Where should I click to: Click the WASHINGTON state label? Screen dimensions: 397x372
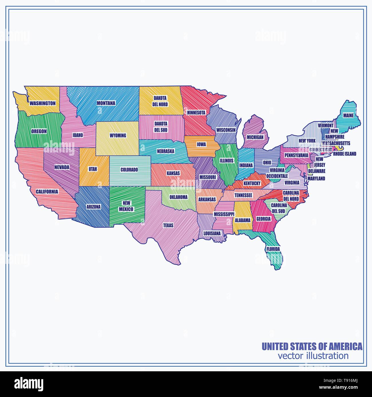point(43,103)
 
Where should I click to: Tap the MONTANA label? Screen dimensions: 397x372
point(106,103)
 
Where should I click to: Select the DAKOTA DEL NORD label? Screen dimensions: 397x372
point(160,101)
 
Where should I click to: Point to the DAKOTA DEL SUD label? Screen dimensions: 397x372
point(161,127)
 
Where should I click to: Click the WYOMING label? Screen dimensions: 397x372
point(118,136)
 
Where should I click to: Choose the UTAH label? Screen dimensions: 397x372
point(93,169)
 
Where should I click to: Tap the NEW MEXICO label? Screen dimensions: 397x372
point(126,206)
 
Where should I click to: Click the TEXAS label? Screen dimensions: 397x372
point(168,225)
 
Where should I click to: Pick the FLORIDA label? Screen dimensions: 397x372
point(273,249)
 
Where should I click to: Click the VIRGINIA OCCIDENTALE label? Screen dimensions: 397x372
point(277,173)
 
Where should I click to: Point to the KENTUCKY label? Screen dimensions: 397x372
point(252,183)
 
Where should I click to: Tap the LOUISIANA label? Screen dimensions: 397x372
point(212,233)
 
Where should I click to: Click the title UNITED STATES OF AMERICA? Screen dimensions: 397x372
point(312,346)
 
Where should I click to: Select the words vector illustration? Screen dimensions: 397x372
point(313,356)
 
